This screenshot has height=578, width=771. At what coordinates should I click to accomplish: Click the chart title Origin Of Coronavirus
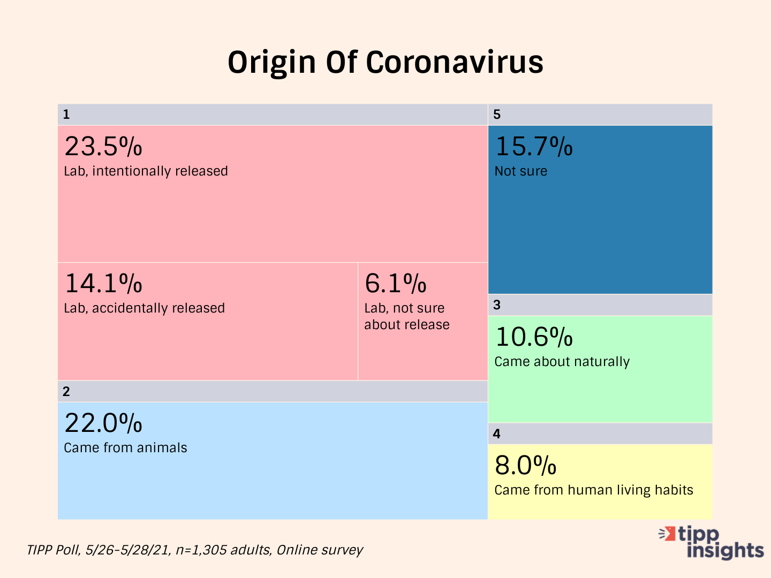pyautogui.click(x=385, y=62)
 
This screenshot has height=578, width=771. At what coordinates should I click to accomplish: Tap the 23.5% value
pyautogui.click(x=103, y=146)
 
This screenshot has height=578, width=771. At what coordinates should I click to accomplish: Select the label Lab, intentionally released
pyautogui.click(x=146, y=171)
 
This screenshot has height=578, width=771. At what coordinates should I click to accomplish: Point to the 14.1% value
pyautogui.click(x=103, y=283)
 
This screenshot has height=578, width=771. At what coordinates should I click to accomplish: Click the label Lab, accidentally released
pyautogui.click(x=144, y=308)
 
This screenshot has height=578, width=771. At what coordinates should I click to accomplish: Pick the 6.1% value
pyautogui.click(x=396, y=283)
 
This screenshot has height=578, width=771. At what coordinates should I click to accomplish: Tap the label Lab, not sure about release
pyautogui.click(x=406, y=316)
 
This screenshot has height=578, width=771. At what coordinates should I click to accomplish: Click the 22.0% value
pyautogui.click(x=103, y=423)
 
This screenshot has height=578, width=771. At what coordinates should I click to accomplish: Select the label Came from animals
pyautogui.click(x=125, y=448)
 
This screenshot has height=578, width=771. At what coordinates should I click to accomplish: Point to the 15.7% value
pyautogui.click(x=534, y=146)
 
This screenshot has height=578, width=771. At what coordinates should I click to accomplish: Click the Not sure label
pyautogui.click(x=520, y=171)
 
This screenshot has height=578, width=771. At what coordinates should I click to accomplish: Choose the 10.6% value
pyautogui.click(x=534, y=337)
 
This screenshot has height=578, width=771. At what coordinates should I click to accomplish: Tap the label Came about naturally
pyautogui.click(x=562, y=362)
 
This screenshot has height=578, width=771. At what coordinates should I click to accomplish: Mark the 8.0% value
pyautogui.click(x=525, y=465)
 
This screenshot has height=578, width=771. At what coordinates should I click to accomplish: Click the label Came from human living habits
pyautogui.click(x=593, y=490)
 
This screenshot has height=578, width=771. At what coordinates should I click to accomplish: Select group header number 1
pyautogui.click(x=66, y=115)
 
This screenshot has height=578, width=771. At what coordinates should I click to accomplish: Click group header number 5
pyautogui.click(x=497, y=115)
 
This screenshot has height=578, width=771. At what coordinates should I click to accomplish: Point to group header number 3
pyautogui.click(x=497, y=305)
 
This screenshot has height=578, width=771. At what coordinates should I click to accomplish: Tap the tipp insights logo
pyautogui.click(x=712, y=542)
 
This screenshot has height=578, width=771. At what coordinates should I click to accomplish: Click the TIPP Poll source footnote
pyautogui.click(x=195, y=550)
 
